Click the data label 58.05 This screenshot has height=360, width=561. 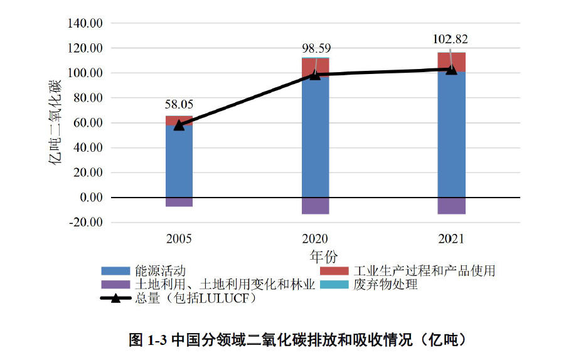[x=179, y=105]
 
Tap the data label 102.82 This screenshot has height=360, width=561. [x=451, y=40]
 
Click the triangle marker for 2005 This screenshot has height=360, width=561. [x=179, y=124]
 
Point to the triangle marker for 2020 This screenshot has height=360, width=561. [x=315, y=74]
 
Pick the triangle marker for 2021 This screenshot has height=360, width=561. [x=451, y=68]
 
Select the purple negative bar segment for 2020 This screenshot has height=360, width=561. [x=315, y=206]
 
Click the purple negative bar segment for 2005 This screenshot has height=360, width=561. [x=179, y=202]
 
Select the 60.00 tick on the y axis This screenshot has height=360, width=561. [x=87, y=123]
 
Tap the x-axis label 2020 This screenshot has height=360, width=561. [x=315, y=239]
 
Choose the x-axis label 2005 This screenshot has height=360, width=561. [x=179, y=239]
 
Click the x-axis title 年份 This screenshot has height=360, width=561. [x=324, y=257]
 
